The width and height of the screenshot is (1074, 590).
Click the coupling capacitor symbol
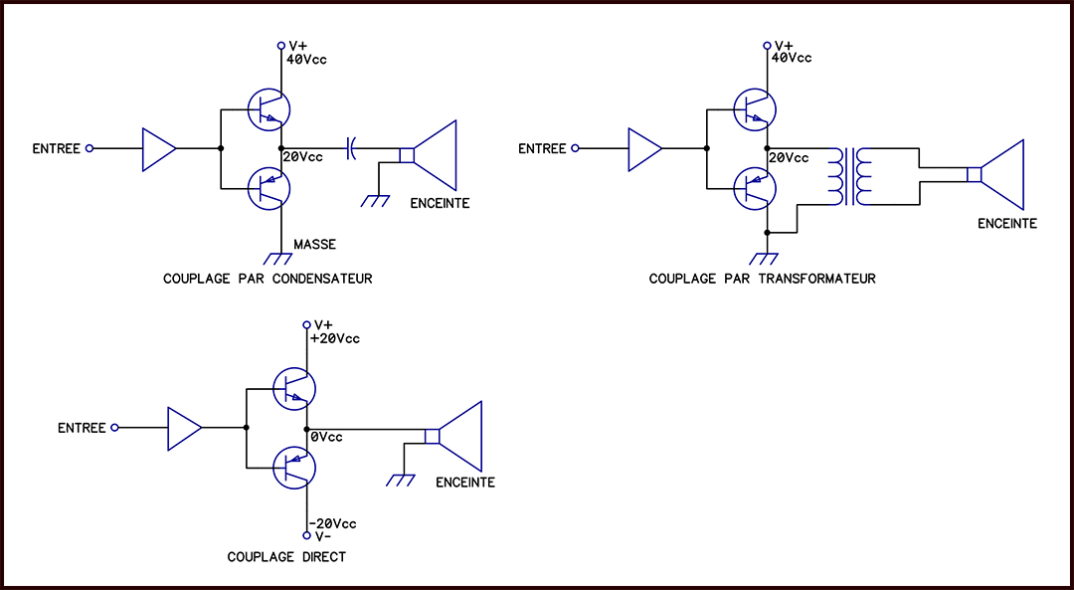pos(352,148)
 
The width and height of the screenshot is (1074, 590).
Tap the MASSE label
pos(315,244)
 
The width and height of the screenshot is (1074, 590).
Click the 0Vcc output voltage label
pos(327,437)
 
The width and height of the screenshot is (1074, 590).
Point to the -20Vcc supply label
pos(333,523)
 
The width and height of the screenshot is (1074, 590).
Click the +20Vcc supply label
pos(335,338)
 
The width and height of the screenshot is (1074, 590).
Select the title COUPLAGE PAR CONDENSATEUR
pos(268,279)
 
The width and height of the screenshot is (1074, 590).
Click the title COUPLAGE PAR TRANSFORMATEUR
pos(763,279)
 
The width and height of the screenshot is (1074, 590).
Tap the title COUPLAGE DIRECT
pos(286,557)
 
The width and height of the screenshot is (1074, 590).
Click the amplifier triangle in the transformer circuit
pos(644,148)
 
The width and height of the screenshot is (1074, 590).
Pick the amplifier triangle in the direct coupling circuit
pos(184,429)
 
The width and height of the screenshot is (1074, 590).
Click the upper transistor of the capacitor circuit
pos(268,109)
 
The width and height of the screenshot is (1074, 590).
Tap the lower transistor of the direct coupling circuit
pos(293,468)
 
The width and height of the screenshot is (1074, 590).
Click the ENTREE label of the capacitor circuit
pos(56,148)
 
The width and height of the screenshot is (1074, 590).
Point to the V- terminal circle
pos(307,535)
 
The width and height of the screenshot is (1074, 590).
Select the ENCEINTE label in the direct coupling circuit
pos(465,483)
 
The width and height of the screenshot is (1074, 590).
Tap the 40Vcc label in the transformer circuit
pos(792,58)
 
